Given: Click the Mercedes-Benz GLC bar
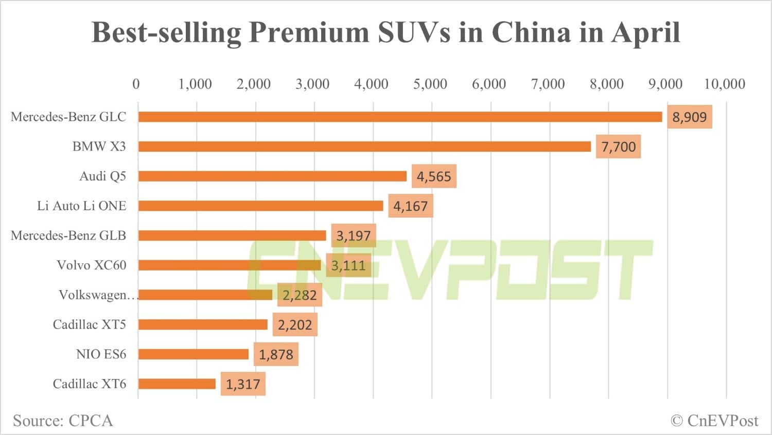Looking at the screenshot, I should coord(400,117).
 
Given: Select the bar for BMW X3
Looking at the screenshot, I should coord(364,147).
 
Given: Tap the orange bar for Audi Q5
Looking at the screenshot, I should coord(272,176).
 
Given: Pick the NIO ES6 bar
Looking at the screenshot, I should coord(194,354).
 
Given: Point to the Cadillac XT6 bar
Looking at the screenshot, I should coord(177,384).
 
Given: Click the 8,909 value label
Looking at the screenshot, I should coord(689,117).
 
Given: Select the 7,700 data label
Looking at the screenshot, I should coord(618,147).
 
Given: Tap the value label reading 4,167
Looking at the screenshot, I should coord(410,206).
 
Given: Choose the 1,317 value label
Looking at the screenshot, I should coord(243,384).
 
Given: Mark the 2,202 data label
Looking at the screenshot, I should coord(295,325).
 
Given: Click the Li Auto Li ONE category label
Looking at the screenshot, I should coord(81,206).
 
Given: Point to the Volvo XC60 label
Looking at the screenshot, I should coord(91,265).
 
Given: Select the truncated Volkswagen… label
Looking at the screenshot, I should coord(98,295).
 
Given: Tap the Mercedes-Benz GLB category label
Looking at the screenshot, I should coord(68,235).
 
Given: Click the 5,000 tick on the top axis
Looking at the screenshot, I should coord(430,84).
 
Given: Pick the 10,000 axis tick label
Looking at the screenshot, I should coord(724,84).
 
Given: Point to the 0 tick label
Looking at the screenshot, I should coord(136,84).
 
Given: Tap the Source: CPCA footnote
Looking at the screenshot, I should coord(63,421).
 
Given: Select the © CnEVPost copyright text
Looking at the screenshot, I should coord(714,421).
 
